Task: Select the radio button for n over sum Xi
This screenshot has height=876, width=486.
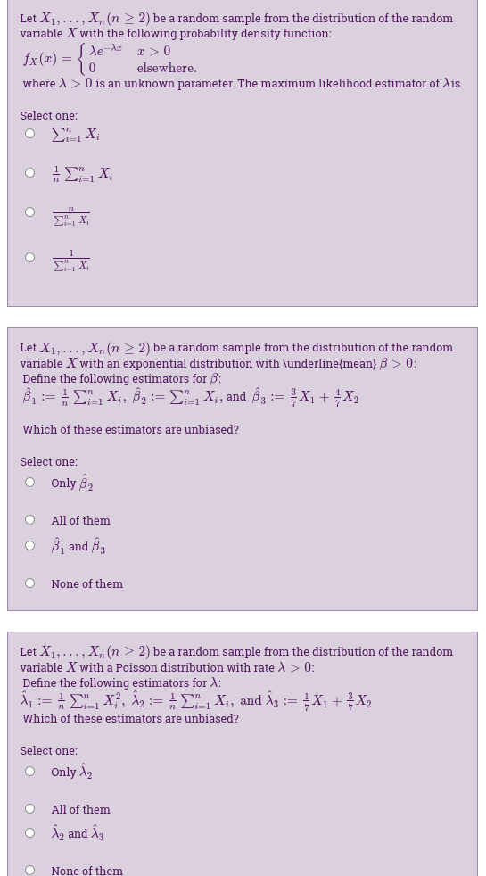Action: (29, 212)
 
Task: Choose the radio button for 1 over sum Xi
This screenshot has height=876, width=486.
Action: (29, 258)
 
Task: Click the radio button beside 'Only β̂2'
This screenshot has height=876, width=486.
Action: (29, 483)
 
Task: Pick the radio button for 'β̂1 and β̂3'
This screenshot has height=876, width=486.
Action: (29, 546)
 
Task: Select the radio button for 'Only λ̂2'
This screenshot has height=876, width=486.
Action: (29, 772)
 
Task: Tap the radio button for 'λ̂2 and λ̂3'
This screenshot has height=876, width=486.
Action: (29, 833)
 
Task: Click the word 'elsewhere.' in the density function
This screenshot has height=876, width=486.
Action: (167, 68)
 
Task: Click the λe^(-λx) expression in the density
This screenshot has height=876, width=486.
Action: (103, 50)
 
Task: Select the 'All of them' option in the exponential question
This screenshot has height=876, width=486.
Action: (80, 520)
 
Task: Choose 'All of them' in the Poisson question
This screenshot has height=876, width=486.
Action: (80, 809)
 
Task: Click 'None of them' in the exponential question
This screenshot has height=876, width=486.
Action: (86, 583)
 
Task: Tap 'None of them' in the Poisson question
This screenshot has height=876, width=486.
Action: (86, 870)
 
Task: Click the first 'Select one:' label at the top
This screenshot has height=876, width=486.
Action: (48, 115)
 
